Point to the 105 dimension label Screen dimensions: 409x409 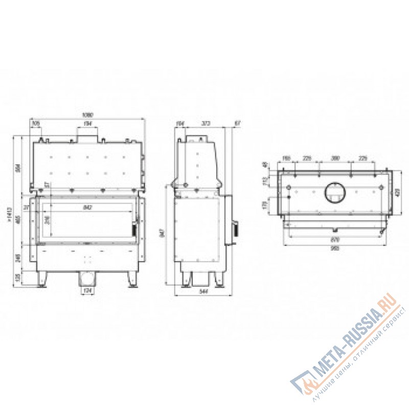pyautogui.click(x=36, y=123)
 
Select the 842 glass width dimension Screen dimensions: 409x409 pyautogui.click(x=86, y=207)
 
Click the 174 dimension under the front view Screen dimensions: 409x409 pyautogui.click(x=86, y=291)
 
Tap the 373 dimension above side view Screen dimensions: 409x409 pyautogui.click(x=206, y=123)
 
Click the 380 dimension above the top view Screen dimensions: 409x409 pyautogui.click(x=335, y=158)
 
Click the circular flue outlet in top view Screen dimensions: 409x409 pyautogui.click(x=335, y=192)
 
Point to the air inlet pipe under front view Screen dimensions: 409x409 pyautogui.click(x=86, y=279)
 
